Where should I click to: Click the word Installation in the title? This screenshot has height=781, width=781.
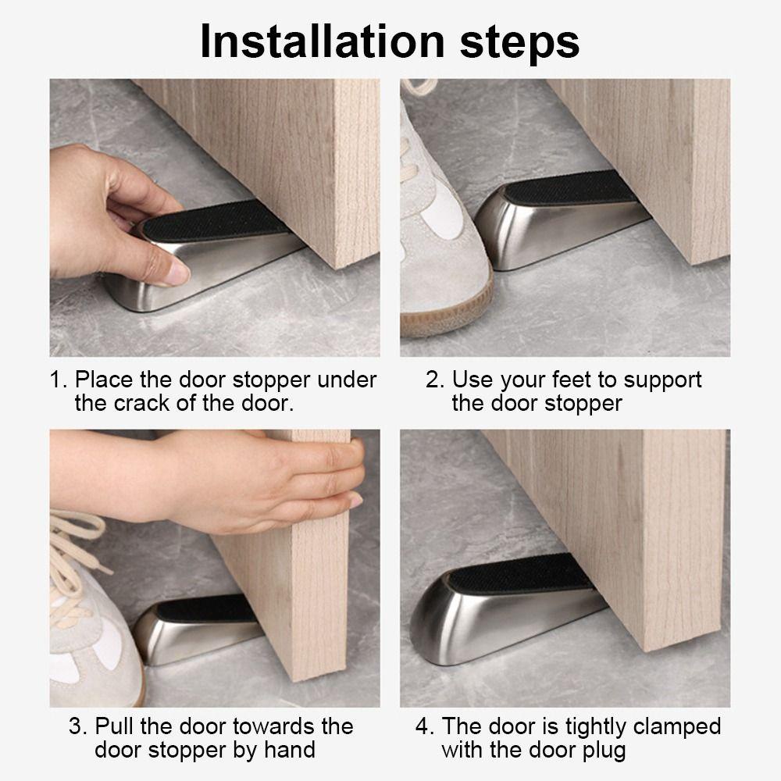click(323, 41)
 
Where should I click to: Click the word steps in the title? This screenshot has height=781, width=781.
click(519, 44)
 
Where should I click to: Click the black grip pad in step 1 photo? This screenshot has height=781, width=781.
click(215, 221)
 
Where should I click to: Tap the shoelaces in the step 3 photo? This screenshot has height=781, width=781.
click(75, 553)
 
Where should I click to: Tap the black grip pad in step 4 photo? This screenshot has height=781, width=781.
click(518, 572)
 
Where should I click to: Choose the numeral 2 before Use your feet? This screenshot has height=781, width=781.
click(434, 380)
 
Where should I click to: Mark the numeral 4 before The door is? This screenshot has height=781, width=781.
click(424, 726)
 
